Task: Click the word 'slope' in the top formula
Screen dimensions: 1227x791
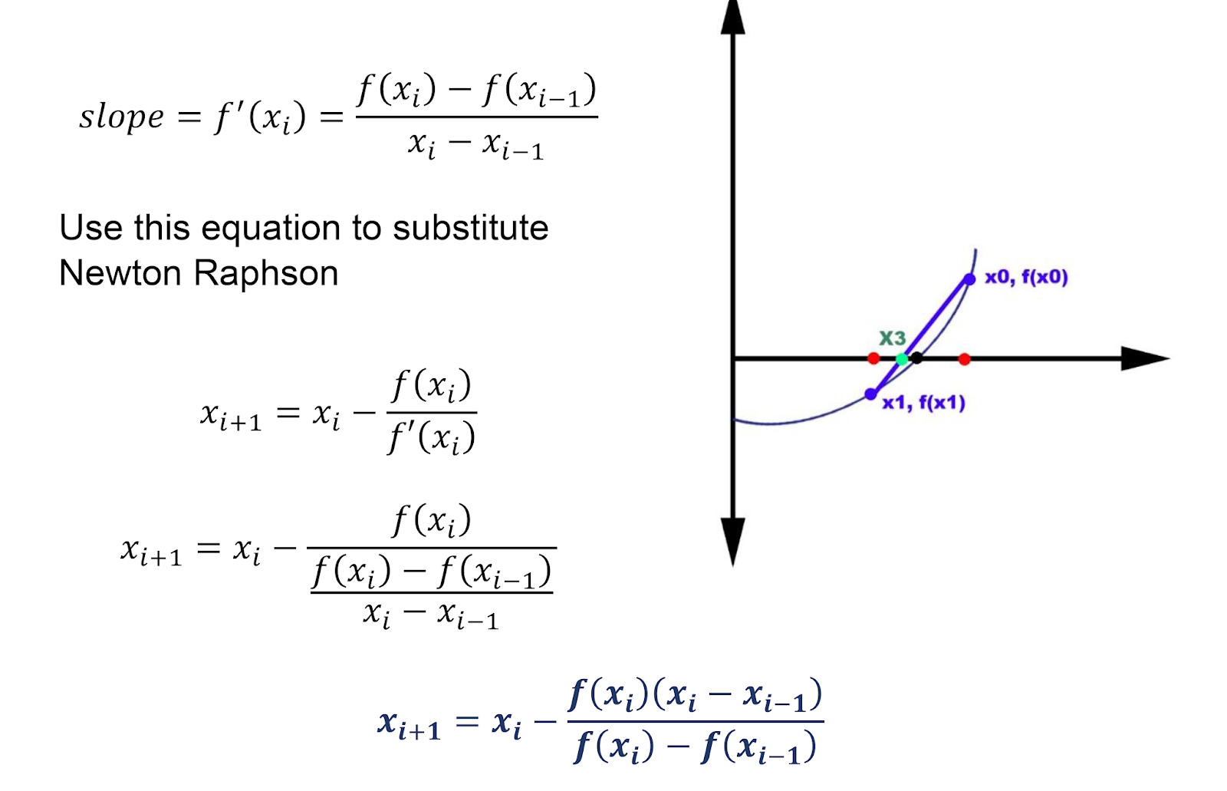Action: pyautogui.click(x=121, y=117)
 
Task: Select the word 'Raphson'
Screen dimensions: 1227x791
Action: pyautogui.click(x=266, y=273)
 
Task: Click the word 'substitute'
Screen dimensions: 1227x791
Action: pyautogui.click(x=470, y=228)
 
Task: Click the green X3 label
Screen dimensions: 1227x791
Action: pyautogui.click(x=892, y=338)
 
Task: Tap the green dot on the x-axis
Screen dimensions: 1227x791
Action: pyautogui.click(x=903, y=359)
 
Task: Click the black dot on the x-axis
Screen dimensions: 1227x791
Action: pyautogui.click(x=916, y=358)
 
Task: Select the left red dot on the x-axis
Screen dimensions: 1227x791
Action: pyautogui.click(x=873, y=358)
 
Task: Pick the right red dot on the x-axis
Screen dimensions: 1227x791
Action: pyautogui.click(x=965, y=359)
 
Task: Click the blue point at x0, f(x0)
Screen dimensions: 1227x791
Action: pyautogui.click(x=969, y=279)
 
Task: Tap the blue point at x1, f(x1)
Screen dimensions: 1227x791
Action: pyautogui.click(x=870, y=394)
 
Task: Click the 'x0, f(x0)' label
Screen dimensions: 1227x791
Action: pyautogui.click(x=1026, y=277)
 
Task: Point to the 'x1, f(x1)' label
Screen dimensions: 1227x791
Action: pyautogui.click(x=923, y=403)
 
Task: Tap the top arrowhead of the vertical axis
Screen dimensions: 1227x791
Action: pyautogui.click(x=733, y=18)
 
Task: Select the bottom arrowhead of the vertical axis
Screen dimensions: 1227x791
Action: pyautogui.click(x=733, y=540)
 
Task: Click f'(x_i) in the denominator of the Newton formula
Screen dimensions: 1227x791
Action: pyautogui.click(x=431, y=438)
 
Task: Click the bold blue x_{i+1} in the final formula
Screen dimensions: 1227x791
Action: pyautogui.click(x=409, y=724)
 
